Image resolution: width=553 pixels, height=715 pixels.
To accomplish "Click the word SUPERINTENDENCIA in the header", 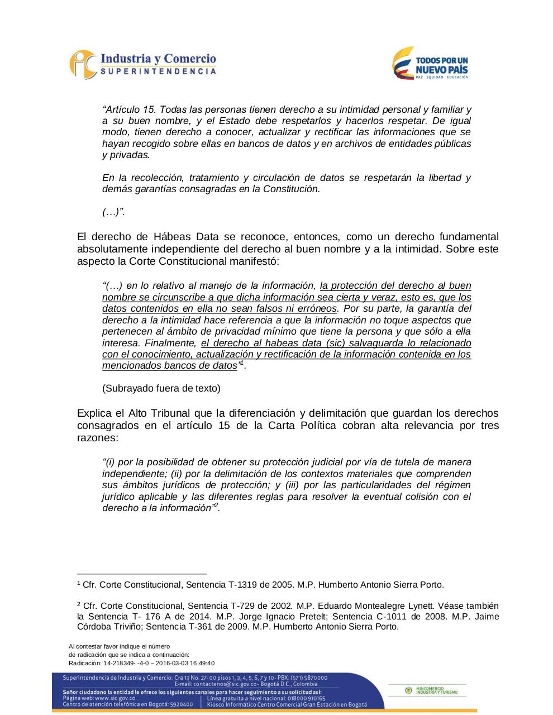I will (158, 71).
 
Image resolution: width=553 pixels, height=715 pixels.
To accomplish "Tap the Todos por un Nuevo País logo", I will (430, 63).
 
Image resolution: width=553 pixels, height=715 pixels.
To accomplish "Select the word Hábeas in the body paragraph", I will (169, 237).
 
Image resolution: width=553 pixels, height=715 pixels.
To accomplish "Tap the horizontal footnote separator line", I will (141, 574).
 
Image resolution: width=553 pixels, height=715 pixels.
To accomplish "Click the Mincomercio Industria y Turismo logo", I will (431, 691).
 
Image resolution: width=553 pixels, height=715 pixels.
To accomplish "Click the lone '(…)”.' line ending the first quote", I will (113, 212).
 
